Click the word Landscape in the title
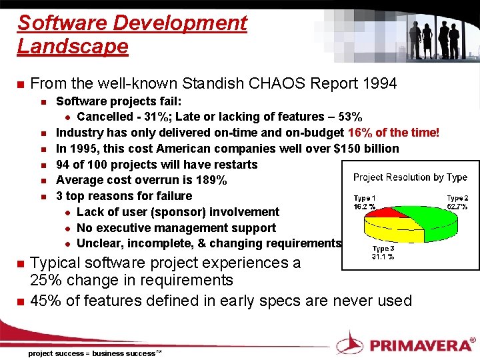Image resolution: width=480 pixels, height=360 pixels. (x=73, y=47)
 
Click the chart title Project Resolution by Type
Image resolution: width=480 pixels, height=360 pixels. (x=410, y=177)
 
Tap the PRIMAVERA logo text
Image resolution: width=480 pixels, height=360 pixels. (x=420, y=345)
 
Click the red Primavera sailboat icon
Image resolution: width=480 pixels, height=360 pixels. (x=349, y=344)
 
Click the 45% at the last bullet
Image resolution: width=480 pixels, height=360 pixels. (x=45, y=301)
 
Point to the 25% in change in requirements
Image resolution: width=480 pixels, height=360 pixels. (x=45, y=280)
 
